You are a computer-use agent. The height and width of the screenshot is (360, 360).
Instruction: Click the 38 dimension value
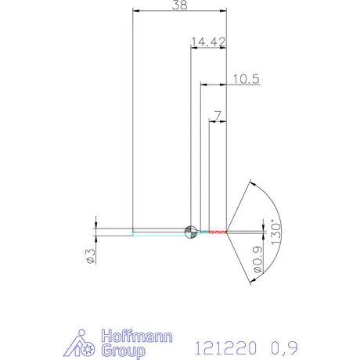180,5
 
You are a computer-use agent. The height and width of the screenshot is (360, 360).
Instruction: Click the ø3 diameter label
90,255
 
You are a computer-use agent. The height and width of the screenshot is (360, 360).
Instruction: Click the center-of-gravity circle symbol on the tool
190,231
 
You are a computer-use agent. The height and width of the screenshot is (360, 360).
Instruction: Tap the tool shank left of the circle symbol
157,231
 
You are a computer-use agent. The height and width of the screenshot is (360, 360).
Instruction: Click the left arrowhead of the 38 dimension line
136,12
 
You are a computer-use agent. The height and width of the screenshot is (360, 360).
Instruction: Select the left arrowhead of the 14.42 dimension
194,47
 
